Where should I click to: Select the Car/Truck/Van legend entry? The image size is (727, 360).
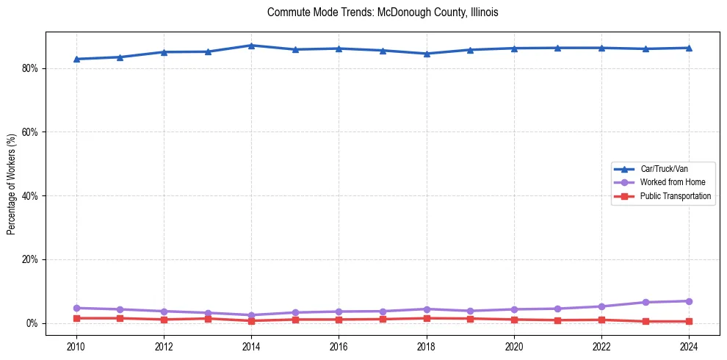[x=664, y=169]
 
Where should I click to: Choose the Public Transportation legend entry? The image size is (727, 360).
[x=675, y=196]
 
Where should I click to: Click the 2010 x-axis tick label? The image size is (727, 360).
[x=76, y=346]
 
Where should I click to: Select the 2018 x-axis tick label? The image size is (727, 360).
[x=427, y=346]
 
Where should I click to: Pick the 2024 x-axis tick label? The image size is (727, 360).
[x=689, y=346]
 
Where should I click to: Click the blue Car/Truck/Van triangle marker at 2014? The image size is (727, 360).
[x=251, y=46]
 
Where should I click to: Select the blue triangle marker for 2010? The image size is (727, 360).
[x=76, y=59]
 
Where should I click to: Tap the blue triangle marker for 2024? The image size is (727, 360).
[x=689, y=48]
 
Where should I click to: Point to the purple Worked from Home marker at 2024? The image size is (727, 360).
[x=689, y=301]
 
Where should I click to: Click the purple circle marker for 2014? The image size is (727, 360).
[x=251, y=315]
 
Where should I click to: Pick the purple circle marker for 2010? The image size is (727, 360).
[x=76, y=308]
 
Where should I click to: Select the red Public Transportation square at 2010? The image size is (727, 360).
[x=76, y=318]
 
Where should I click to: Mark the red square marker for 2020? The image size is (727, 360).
[x=514, y=320]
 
